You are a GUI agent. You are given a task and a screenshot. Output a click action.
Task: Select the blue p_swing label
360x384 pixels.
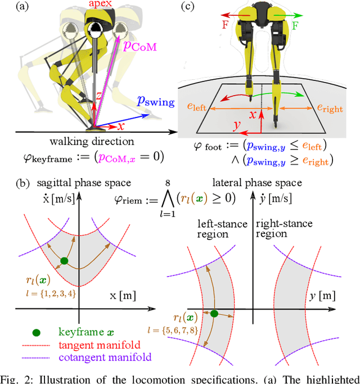[x=155, y=102]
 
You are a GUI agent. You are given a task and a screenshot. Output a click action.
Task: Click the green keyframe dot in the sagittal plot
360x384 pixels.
[x=64, y=260]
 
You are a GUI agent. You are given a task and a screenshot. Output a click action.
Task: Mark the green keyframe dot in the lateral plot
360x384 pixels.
[x=214, y=313]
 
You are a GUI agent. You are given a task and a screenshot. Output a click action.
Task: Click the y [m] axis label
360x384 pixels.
[x=322, y=295]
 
